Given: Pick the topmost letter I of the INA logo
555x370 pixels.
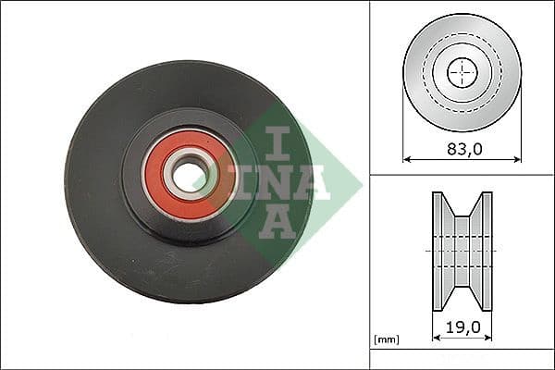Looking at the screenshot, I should (276, 142).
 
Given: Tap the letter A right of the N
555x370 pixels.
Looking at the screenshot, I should (310, 182).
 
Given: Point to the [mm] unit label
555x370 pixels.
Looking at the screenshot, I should (387, 339).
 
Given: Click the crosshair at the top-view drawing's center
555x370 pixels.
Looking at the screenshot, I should (462, 72).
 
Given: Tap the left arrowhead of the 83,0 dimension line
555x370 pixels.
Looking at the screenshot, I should (406, 158).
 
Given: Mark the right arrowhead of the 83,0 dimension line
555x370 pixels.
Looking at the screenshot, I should (519, 158).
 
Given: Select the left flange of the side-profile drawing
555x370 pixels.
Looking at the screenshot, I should (438, 250).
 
